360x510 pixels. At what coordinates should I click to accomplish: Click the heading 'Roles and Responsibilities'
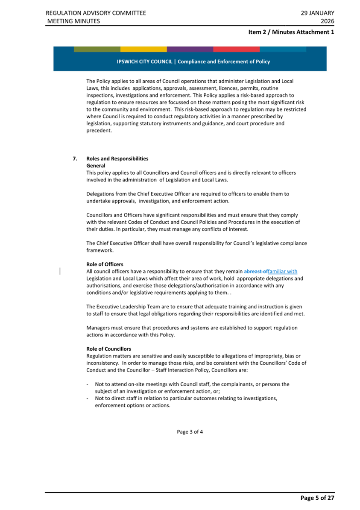tap(117, 158)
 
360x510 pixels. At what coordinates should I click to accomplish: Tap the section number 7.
tap(75, 158)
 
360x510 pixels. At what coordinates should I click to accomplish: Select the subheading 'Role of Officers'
tap(105, 264)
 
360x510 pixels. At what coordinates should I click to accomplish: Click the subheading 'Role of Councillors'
tap(108, 349)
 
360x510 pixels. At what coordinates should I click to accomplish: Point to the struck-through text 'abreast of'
tap(255, 271)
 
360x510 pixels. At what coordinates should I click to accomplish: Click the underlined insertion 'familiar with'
tap(282, 271)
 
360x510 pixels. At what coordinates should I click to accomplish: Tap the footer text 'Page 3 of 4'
tap(190, 431)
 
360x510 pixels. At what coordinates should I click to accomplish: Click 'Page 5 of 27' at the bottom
tap(317, 498)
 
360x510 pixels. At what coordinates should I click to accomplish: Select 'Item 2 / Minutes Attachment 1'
tap(291, 32)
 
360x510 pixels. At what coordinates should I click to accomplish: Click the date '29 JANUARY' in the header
tap(317, 13)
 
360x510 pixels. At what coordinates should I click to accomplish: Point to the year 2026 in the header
tap(327, 21)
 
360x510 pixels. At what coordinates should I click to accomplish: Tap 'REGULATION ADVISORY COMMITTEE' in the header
tap(96, 13)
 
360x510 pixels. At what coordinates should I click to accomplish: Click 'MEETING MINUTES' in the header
tap(73, 21)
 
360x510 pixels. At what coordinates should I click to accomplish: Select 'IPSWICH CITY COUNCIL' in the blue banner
tap(145, 62)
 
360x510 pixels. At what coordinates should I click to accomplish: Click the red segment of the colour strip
tap(236, 49)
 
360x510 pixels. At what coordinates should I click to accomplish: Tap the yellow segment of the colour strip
tap(143, 49)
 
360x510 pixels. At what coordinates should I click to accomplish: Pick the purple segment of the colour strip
tap(190, 49)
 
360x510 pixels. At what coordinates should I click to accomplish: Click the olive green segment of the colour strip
tap(97, 49)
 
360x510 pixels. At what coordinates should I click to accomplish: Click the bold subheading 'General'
tap(96, 165)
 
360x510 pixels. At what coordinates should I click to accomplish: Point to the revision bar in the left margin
tap(60, 271)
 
